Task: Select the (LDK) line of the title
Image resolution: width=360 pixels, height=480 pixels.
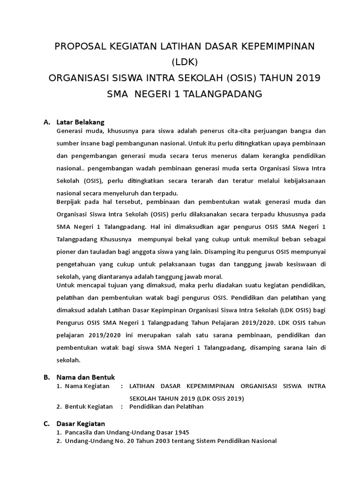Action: (185, 62)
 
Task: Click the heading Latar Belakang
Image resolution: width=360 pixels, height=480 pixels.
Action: (80, 122)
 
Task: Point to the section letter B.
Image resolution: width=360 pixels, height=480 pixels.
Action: (46, 377)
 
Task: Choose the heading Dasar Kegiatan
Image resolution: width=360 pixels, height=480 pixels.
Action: (81, 424)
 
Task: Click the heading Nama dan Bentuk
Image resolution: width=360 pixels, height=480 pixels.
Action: (85, 377)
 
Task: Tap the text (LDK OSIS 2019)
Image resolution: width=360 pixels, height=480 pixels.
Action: (217, 398)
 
